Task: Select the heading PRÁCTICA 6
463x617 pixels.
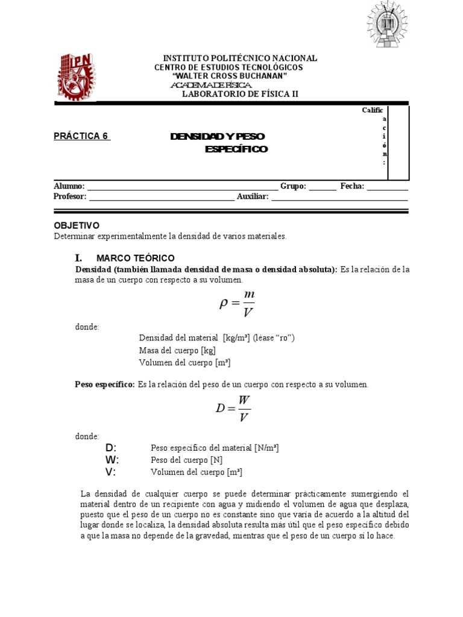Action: [x=81, y=136]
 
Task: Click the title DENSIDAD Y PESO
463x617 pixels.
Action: [x=217, y=137]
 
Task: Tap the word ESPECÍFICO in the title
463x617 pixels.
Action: [x=236, y=149]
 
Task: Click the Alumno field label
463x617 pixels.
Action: [x=69, y=187]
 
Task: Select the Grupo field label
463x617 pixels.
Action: [x=293, y=187]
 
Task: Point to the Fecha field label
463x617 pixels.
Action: [x=352, y=187]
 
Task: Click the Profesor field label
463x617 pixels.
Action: [x=71, y=196]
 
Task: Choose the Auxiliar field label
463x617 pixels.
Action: [x=252, y=196]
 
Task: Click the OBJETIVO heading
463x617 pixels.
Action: [x=77, y=225]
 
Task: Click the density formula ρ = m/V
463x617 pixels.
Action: [x=237, y=302]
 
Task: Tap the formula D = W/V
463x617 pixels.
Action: [x=233, y=409]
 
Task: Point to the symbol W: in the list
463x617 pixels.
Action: [x=112, y=460]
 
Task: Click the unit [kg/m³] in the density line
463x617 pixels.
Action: [x=238, y=338]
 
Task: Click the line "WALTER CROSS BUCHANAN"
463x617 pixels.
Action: [x=229, y=76]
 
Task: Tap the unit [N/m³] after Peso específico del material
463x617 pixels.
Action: [x=266, y=448]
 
